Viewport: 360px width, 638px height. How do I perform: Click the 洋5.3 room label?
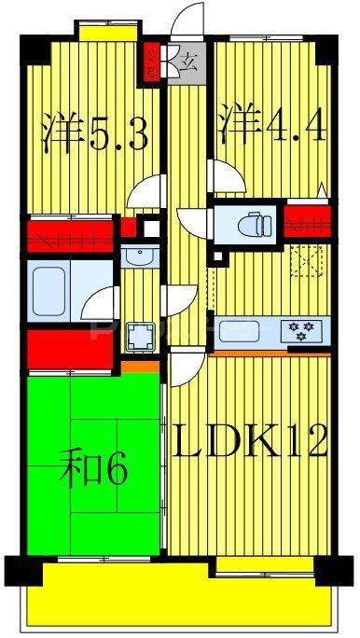tap(95, 133)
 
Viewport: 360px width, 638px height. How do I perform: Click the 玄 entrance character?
tap(187, 64)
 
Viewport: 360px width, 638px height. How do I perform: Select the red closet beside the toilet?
tap(307, 222)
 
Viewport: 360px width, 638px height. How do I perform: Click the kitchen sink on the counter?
tap(244, 330)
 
